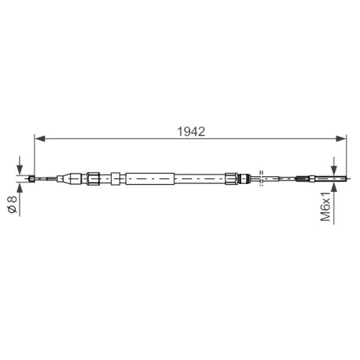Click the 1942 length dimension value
[191, 131]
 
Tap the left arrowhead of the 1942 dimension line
[40, 138]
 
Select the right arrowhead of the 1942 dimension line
[341, 138]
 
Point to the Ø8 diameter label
[13, 204]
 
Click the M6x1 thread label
[325, 207]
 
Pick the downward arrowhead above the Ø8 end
[20, 169]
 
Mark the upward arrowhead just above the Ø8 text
[20, 188]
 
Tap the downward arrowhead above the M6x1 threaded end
[333, 171]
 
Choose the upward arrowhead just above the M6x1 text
[333, 186]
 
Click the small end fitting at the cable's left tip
[31, 178]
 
